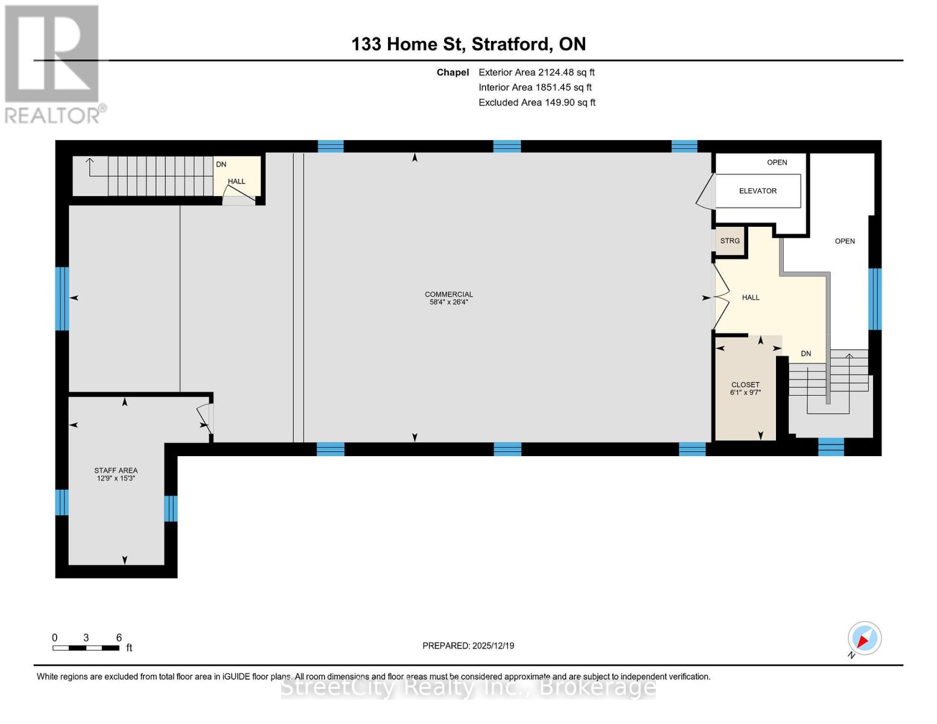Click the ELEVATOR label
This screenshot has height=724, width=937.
click(757, 191)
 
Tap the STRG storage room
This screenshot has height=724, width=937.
click(729, 241)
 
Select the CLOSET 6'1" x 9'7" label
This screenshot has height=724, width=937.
click(745, 389)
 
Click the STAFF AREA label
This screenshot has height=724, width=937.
click(116, 474)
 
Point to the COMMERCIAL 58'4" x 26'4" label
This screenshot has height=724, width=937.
click(448, 298)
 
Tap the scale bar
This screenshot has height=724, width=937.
click(86, 648)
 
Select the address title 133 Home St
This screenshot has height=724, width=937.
click(468, 44)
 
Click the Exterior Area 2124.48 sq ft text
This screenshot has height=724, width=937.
click(536, 72)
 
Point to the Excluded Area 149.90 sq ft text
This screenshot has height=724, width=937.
click(536, 103)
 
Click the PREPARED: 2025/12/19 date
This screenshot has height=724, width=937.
click(468, 646)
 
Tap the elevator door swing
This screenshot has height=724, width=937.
click(705, 192)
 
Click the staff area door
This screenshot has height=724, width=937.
click(204, 418)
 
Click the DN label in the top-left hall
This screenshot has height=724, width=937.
click(221, 164)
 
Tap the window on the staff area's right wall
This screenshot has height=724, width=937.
click(171, 508)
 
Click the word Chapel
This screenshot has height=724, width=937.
click(453, 72)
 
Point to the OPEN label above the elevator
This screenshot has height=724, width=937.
click(777, 162)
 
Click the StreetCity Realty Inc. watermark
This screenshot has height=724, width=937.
click(468, 687)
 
